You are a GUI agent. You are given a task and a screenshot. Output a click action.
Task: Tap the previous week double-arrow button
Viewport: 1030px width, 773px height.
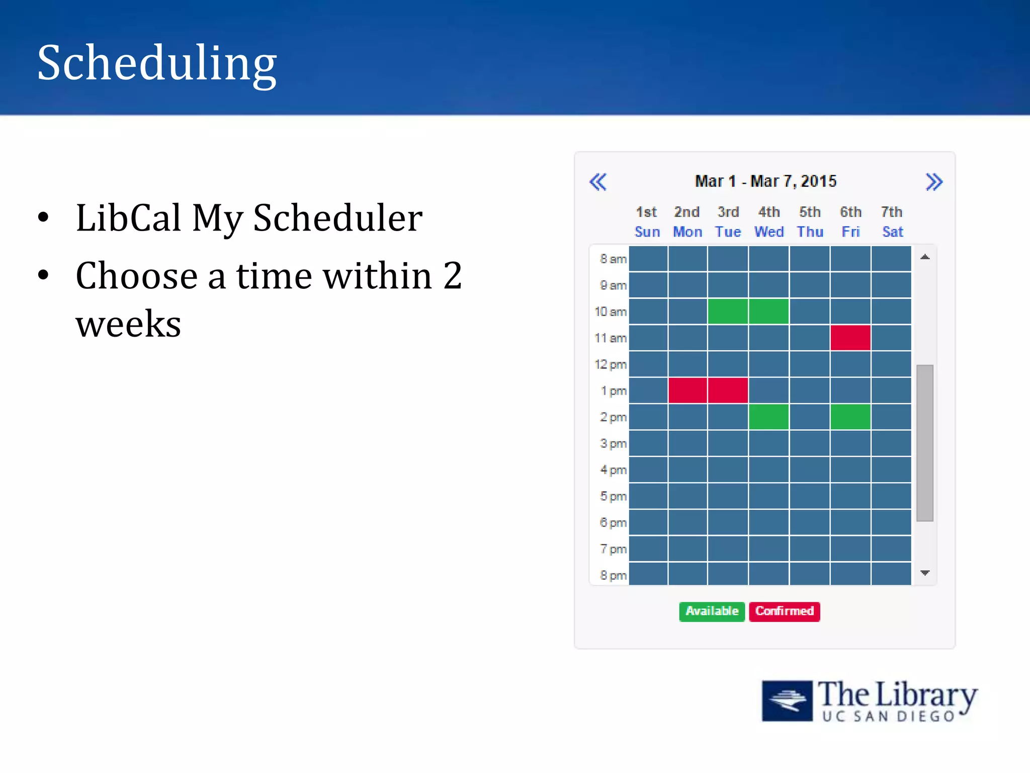pos(598,182)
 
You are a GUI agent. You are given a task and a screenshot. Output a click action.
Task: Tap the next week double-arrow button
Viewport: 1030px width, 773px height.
pos(933,182)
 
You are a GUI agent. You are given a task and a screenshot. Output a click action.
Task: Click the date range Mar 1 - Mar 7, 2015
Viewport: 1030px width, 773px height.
pos(765,181)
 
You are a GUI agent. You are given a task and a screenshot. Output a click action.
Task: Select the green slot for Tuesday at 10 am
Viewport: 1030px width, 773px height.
pos(728,311)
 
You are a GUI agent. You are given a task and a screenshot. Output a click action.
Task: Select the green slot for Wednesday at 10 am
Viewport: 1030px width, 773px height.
pos(768,311)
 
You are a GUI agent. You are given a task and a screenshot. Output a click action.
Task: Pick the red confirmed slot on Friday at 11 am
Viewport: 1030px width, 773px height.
pos(850,338)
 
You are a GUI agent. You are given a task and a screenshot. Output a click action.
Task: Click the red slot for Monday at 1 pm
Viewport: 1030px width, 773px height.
pos(688,391)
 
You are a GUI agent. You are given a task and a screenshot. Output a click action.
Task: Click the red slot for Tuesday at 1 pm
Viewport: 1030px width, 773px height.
pos(728,391)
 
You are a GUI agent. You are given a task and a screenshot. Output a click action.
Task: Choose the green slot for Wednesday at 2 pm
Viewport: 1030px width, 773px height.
pos(768,417)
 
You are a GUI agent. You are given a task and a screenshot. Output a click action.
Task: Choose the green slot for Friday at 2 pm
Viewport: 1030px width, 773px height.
pos(850,417)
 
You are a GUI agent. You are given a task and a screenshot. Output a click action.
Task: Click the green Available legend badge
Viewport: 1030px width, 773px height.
pos(712,611)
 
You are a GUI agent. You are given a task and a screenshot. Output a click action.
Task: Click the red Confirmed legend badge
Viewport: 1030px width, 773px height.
pos(784,611)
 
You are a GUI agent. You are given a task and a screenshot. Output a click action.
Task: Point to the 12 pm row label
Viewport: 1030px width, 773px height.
pos(611,364)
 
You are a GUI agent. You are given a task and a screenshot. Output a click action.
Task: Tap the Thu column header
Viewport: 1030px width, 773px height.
pos(810,231)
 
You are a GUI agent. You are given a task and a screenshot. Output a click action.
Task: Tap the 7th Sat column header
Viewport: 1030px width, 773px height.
pos(892,222)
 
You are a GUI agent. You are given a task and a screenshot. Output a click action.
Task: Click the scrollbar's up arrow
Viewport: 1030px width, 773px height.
pos(925,257)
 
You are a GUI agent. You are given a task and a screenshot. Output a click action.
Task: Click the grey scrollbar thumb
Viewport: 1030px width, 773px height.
pos(925,443)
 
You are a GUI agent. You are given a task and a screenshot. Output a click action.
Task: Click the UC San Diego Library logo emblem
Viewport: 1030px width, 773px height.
pos(787,701)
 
